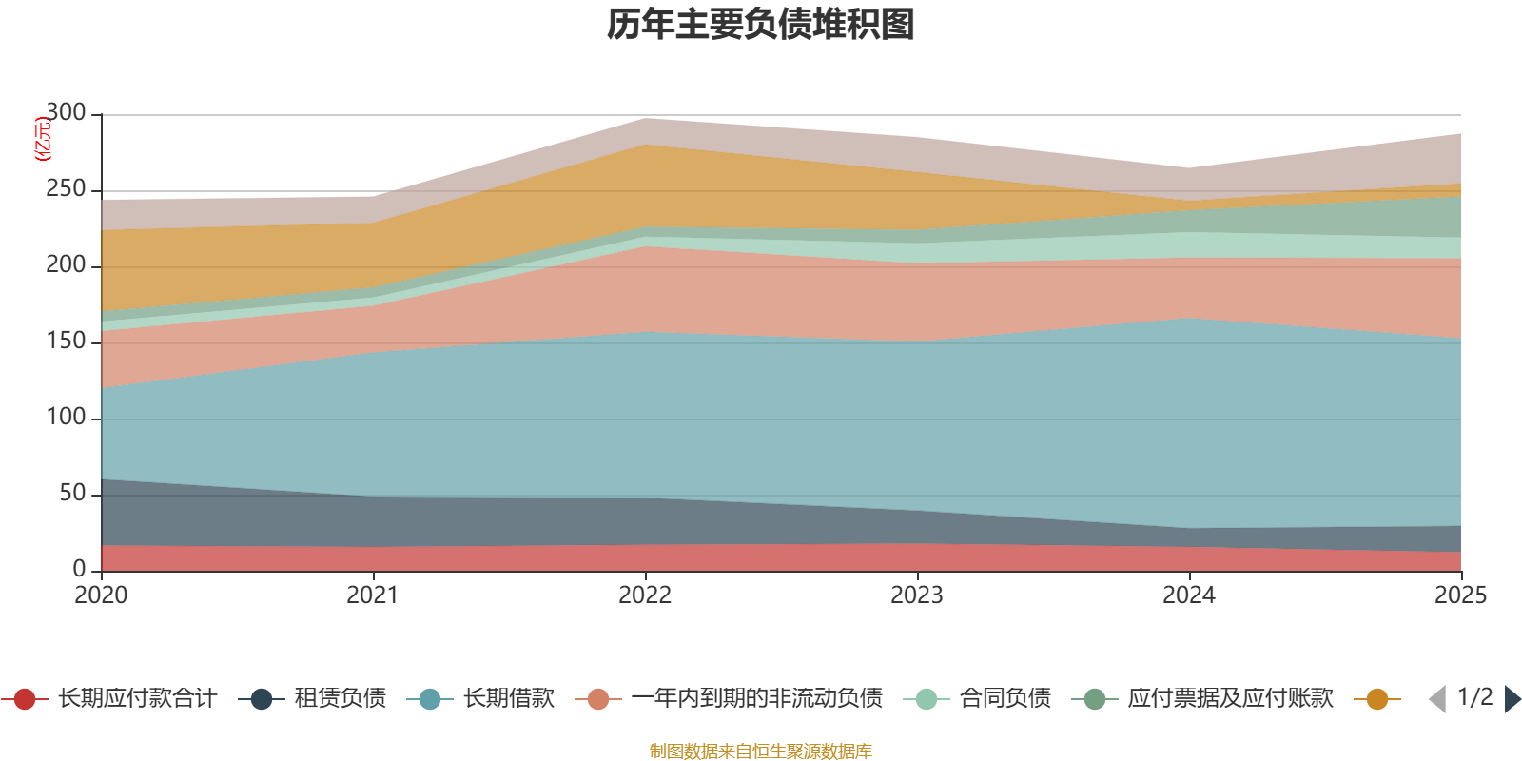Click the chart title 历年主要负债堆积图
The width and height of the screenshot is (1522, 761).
pyautogui.click(x=761, y=25)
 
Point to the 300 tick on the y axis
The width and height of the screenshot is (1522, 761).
pyautogui.click(x=66, y=113)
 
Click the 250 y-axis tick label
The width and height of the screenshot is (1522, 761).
pyautogui.click(x=66, y=189)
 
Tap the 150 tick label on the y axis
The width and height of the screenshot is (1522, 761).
pyautogui.click(x=66, y=341)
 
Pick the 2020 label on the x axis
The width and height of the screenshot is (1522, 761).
pyautogui.click(x=101, y=595)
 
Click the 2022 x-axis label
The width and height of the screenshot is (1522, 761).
pyautogui.click(x=645, y=595)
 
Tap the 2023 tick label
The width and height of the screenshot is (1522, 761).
pyautogui.click(x=917, y=595)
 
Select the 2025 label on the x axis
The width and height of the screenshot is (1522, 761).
pyautogui.click(x=1460, y=595)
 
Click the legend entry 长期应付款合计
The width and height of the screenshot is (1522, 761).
pyautogui.click(x=137, y=699)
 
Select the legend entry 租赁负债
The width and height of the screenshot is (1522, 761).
pyautogui.click(x=340, y=699)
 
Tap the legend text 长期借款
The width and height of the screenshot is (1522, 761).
pyautogui.click(x=508, y=699)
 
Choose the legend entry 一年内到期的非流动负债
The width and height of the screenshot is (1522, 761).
pyautogui.click(x=756, y=699)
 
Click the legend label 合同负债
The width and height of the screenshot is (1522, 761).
pyautogui.click(x=1005, y=699)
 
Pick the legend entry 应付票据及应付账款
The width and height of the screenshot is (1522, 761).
pyautogui.click(x=1230, y=699)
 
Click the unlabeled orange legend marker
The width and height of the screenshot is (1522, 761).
pyautogui.click(x=1376, y=699)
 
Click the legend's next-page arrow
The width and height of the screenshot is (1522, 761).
pyautogui.click(x=1512, y=699)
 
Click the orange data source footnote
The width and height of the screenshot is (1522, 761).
pyautogui.click(x=761, y=751)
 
